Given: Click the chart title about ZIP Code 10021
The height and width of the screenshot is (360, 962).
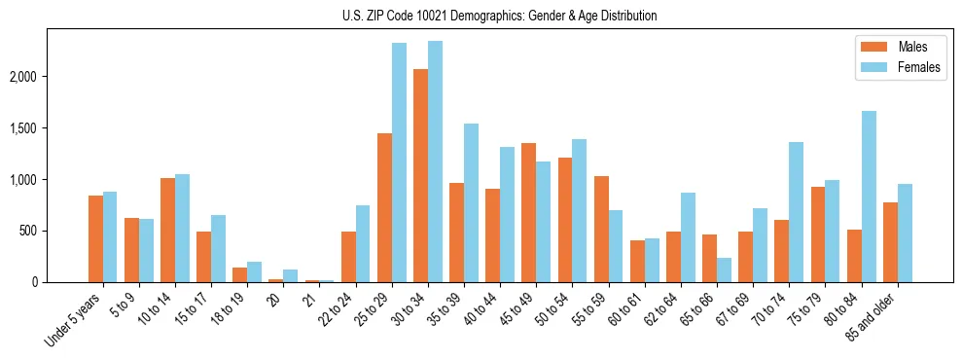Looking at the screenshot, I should (500, 16).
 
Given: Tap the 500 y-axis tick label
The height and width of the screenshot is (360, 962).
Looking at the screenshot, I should (40, 232).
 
